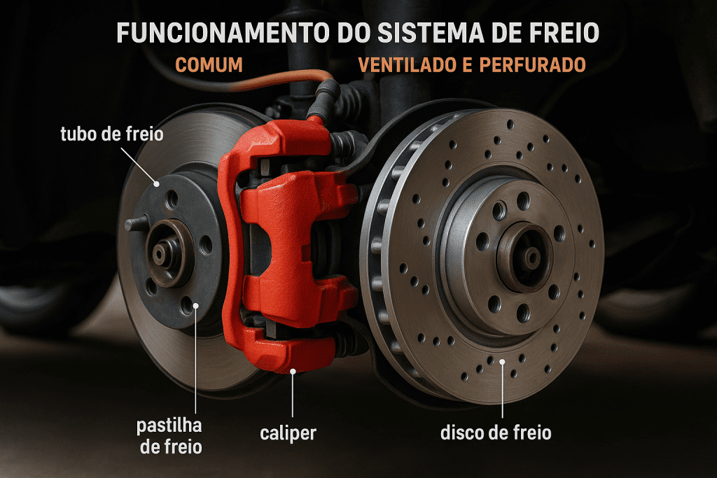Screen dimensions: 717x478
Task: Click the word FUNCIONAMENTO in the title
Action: [223, 32]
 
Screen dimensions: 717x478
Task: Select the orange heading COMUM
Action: [209, 65]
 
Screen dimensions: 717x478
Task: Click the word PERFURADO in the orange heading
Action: [533, 65]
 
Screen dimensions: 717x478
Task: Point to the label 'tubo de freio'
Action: [112, 134]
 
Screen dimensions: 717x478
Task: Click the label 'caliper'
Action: [288, 433]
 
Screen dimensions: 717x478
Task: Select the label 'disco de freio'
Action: [496, 433]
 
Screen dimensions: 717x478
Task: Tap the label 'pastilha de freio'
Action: [170, 436]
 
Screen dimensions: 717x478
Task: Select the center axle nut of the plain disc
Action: [160, 253]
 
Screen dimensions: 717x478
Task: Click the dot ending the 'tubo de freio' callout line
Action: [156, 183]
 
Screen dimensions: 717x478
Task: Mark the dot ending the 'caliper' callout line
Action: [293, 371]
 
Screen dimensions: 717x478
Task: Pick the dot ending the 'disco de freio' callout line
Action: [502, 362]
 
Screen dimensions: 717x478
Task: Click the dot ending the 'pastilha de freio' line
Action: [196, 305]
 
